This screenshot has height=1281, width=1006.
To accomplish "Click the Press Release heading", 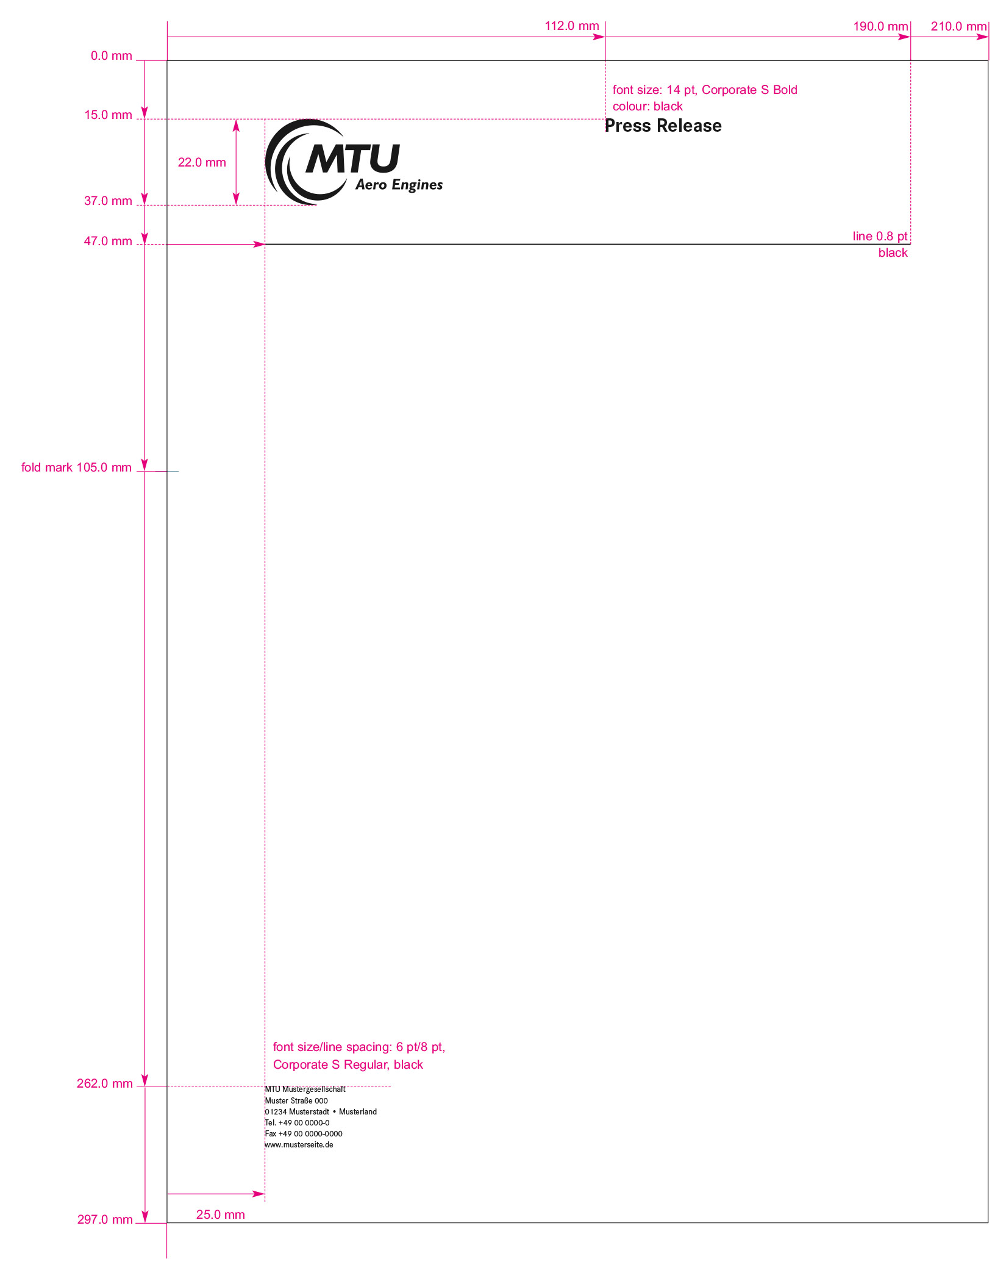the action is [x=663, y=126].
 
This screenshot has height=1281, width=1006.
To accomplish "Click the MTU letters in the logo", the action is [x=352, y=159].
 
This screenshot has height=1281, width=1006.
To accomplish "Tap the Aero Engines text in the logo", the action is [x=399, y=185].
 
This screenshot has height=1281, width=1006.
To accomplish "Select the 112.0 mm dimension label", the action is [x=572, y=26].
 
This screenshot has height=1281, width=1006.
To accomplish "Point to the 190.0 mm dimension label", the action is [x=880, y=26].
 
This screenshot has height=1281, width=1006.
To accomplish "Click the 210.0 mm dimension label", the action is [x=958, y=26].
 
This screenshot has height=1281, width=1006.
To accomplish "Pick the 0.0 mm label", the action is [x=112, y=56].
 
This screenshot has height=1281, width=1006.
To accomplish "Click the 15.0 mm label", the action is [x=109, y=115].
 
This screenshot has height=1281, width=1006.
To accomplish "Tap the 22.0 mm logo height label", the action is [x=202, y=162].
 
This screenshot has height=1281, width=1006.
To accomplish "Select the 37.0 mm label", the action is [x=109, y=201].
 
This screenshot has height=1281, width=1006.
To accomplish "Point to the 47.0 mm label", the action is [x=108, y=241].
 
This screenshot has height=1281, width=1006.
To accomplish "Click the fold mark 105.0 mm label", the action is [x=76, y=467].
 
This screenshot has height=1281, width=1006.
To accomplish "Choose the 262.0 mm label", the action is [x=105, y=1083].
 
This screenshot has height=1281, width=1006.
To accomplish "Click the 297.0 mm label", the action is [x=105, y=1219].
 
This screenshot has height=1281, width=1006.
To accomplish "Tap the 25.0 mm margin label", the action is [x=221, y=1215].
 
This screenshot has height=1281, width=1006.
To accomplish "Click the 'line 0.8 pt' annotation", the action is [x=880, y=236].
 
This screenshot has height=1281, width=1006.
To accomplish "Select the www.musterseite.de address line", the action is [x=299, y=1145].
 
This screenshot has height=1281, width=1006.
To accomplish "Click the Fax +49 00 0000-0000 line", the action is [x=304, y=1134].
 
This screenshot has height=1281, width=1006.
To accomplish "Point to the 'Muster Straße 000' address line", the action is [x=296, y=1101].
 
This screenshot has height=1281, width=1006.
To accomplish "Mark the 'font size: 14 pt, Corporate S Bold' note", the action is [x=705, y=90].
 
